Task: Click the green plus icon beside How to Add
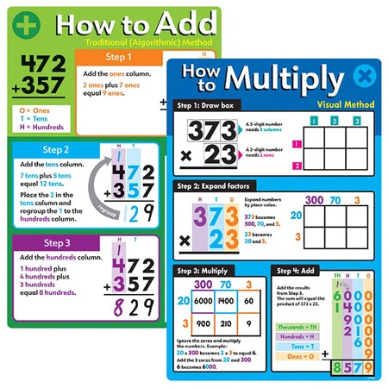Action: (28, 25)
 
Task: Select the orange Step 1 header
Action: (117, 58)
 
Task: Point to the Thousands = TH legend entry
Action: (297, 327)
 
